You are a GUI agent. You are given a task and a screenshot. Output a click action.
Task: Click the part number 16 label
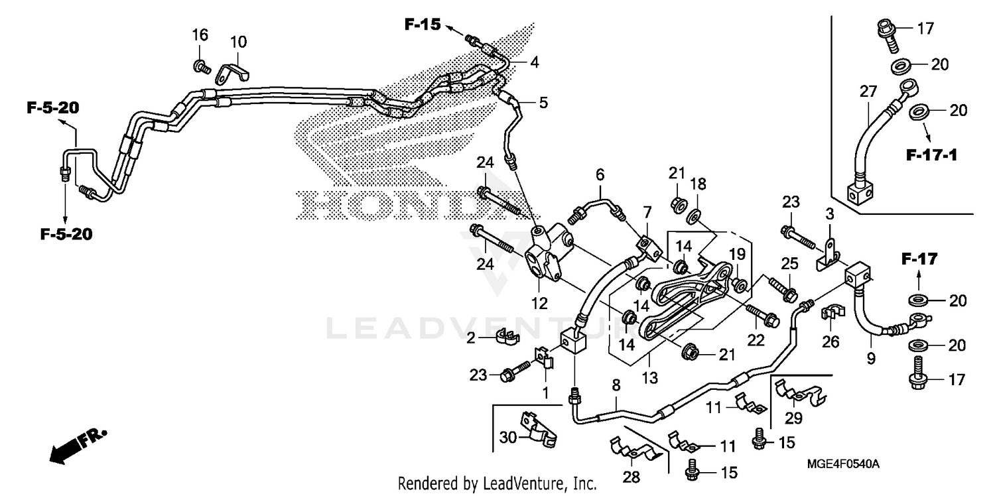200,34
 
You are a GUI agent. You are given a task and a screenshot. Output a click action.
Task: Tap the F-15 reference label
423,25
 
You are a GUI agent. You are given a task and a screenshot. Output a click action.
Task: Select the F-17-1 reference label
931,156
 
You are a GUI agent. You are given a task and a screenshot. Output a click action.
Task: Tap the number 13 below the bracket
649,378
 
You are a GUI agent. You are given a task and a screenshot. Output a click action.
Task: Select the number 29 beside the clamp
793,418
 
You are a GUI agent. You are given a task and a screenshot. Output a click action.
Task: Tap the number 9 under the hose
870,359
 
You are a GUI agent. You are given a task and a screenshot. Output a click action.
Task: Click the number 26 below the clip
830,341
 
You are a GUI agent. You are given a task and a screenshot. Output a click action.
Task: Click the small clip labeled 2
505,338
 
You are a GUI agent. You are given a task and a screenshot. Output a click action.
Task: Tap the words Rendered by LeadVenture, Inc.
497,483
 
